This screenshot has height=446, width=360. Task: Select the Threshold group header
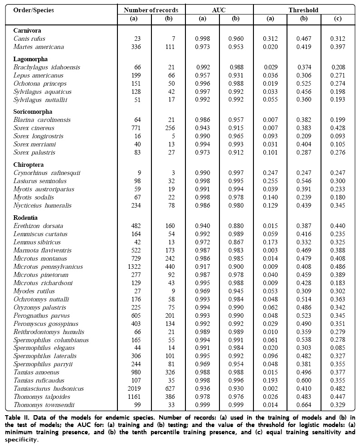[x=304, y=10]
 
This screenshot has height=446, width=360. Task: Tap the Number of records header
[x=151, y=10]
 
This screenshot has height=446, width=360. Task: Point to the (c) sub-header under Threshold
[x=338, y=19]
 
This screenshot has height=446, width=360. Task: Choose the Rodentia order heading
[x=25, y=218]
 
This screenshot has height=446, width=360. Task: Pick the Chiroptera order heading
[x=28, y=165]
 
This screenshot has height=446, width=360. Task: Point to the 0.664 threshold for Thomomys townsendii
[x=304, y=405]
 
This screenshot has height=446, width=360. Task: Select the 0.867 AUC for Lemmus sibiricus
[x=236, y=242]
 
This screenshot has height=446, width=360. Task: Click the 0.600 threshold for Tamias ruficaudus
[x=304, y=381]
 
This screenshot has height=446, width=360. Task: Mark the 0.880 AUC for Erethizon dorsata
[x=236, y=226]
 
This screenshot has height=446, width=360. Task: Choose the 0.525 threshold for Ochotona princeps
[x=304, y=83]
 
